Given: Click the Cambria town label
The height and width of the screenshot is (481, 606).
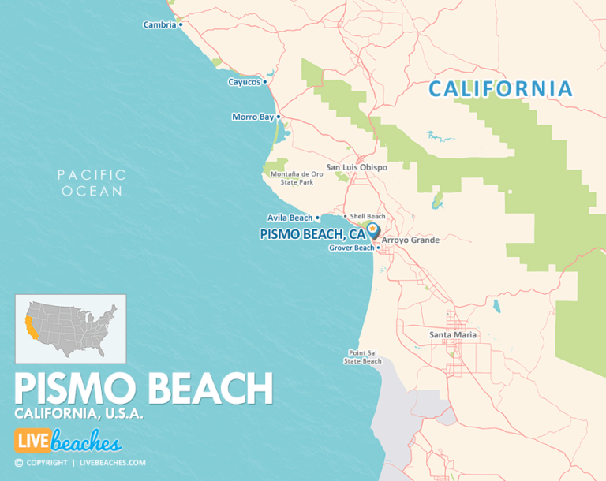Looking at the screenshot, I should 159,24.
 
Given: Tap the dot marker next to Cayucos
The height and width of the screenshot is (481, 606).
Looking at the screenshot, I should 265,81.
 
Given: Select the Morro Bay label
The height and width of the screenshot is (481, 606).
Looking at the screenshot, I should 252,117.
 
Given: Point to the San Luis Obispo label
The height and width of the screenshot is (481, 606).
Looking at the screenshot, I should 357,167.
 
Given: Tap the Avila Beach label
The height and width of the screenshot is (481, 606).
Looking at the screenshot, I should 290,218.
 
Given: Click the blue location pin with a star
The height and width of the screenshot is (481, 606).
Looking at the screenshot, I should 372,229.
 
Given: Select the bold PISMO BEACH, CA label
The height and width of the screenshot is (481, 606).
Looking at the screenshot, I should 313,234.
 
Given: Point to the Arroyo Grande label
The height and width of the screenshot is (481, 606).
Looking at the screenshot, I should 410,240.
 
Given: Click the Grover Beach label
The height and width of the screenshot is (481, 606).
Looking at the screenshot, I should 351,248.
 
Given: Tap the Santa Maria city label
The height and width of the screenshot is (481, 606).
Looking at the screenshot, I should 453,334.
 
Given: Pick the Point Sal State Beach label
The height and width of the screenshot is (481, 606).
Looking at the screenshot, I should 362,357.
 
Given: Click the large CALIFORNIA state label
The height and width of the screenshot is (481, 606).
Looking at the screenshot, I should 499,89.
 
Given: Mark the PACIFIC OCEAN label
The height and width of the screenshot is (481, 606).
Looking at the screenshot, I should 92,183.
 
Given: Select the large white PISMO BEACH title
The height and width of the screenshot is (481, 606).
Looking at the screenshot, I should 144,390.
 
